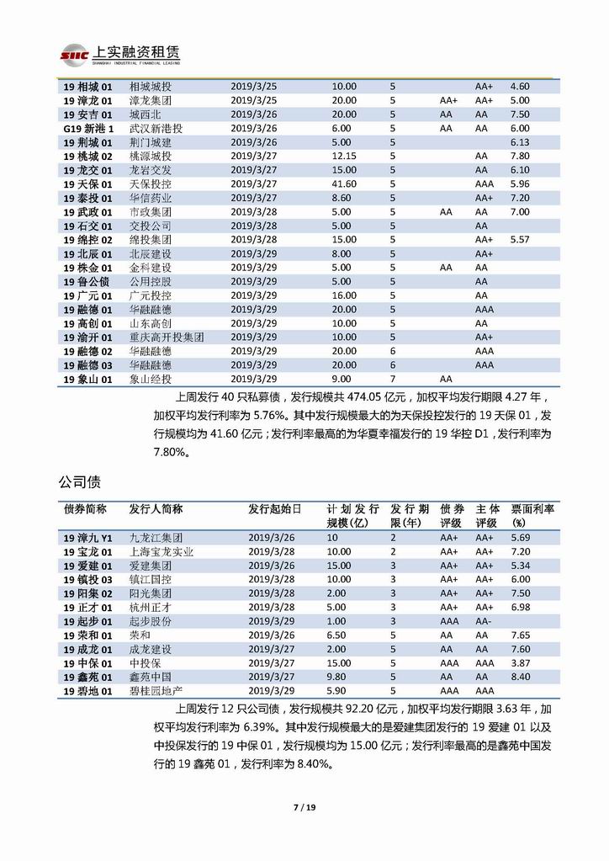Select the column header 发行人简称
[x=156, y=509]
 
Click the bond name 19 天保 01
[x=88, y=183]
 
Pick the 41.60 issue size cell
[x=344, y=183]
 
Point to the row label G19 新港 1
[x=87, y=128]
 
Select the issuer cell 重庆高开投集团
[x=167, y=337]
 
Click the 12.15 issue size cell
[x=344, y=156]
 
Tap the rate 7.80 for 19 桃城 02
[x=520, y=156]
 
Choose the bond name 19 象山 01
[x=88, y=379]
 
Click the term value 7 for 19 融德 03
[x=392, y=364]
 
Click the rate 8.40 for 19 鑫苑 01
[x=520, y=676]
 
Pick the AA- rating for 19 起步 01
[x=484, y=620]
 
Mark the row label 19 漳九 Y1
[x=87, y=537]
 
